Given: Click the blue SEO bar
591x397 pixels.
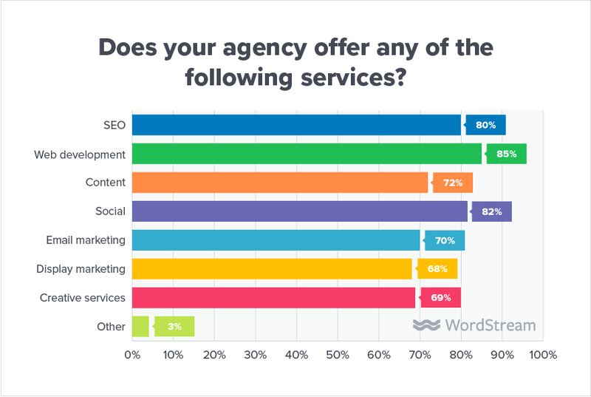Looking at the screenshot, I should point(295,125).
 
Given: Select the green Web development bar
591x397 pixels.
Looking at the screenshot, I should point(306,154).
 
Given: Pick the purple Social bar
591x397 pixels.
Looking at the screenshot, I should point(299,211).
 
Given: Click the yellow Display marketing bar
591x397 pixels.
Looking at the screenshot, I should point(271,268).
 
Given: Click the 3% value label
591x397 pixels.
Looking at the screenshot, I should point(174,326).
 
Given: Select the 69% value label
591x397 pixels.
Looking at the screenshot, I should point(442,298).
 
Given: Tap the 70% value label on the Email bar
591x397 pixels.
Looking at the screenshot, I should point(445,240).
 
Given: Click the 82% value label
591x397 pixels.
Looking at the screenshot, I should point(492,211).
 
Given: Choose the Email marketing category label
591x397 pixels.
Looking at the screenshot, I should point(85,240).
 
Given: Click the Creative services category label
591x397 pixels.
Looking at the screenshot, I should point(82,298).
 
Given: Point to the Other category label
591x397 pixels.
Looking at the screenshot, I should point(111,326).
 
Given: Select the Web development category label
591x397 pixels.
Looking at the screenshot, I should point(80,154).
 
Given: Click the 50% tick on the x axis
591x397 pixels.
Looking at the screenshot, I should point(338,356).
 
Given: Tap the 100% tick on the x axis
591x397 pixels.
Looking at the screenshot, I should point(543,356).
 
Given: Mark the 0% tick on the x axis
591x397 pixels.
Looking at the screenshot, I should point(132,356).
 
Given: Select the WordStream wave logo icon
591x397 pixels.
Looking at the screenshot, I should point(426,325).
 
